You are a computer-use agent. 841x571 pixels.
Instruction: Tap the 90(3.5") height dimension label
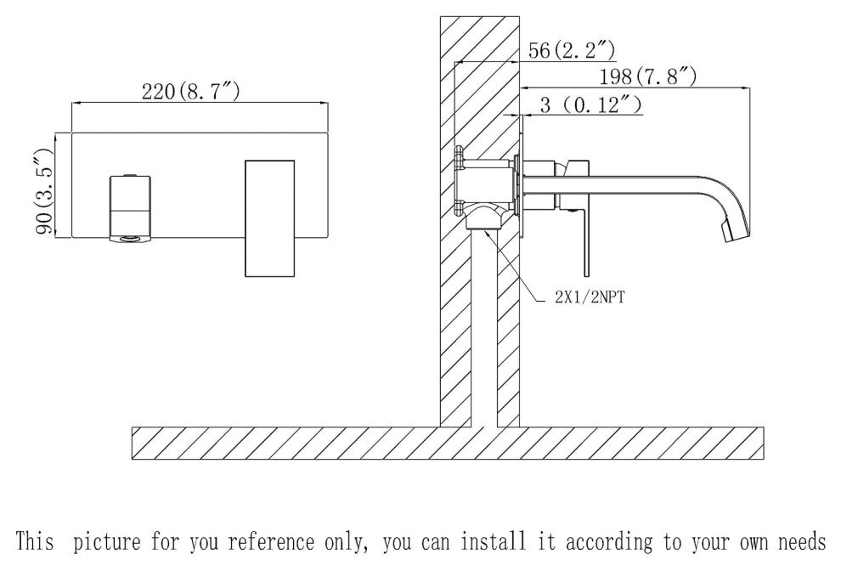point(42,189)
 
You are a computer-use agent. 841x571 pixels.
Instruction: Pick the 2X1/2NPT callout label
point(587,298)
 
